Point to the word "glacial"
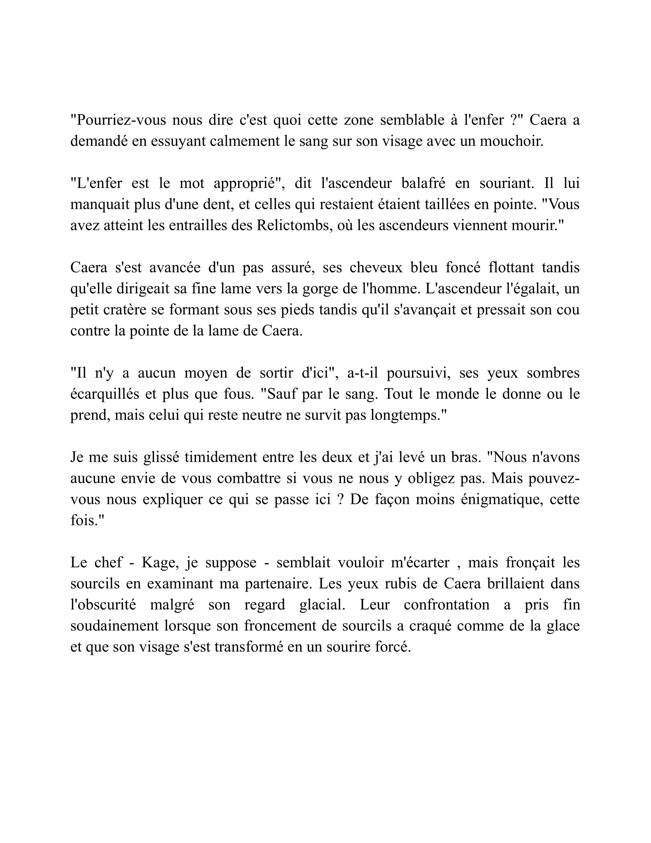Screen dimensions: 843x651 pyautogui.click(x=322, y=604)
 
